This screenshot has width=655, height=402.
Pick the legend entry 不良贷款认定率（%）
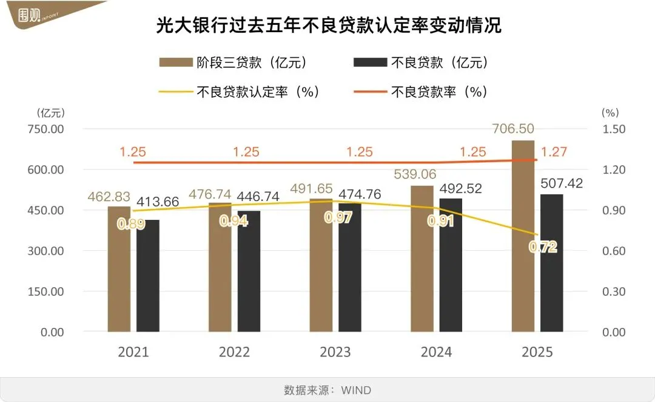[x=239, y=92]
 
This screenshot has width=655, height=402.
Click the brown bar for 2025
[x=523, y=237]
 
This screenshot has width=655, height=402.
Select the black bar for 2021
[x=148, y=276]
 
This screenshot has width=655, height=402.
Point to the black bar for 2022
[x=249, y=271]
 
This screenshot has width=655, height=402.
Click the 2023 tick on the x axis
[x=335, y=352]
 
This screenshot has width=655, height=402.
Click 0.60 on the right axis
[x=613, y=251]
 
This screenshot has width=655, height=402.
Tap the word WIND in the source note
[x=355, y=389]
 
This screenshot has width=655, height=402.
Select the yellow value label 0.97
[x=338, y=217]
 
